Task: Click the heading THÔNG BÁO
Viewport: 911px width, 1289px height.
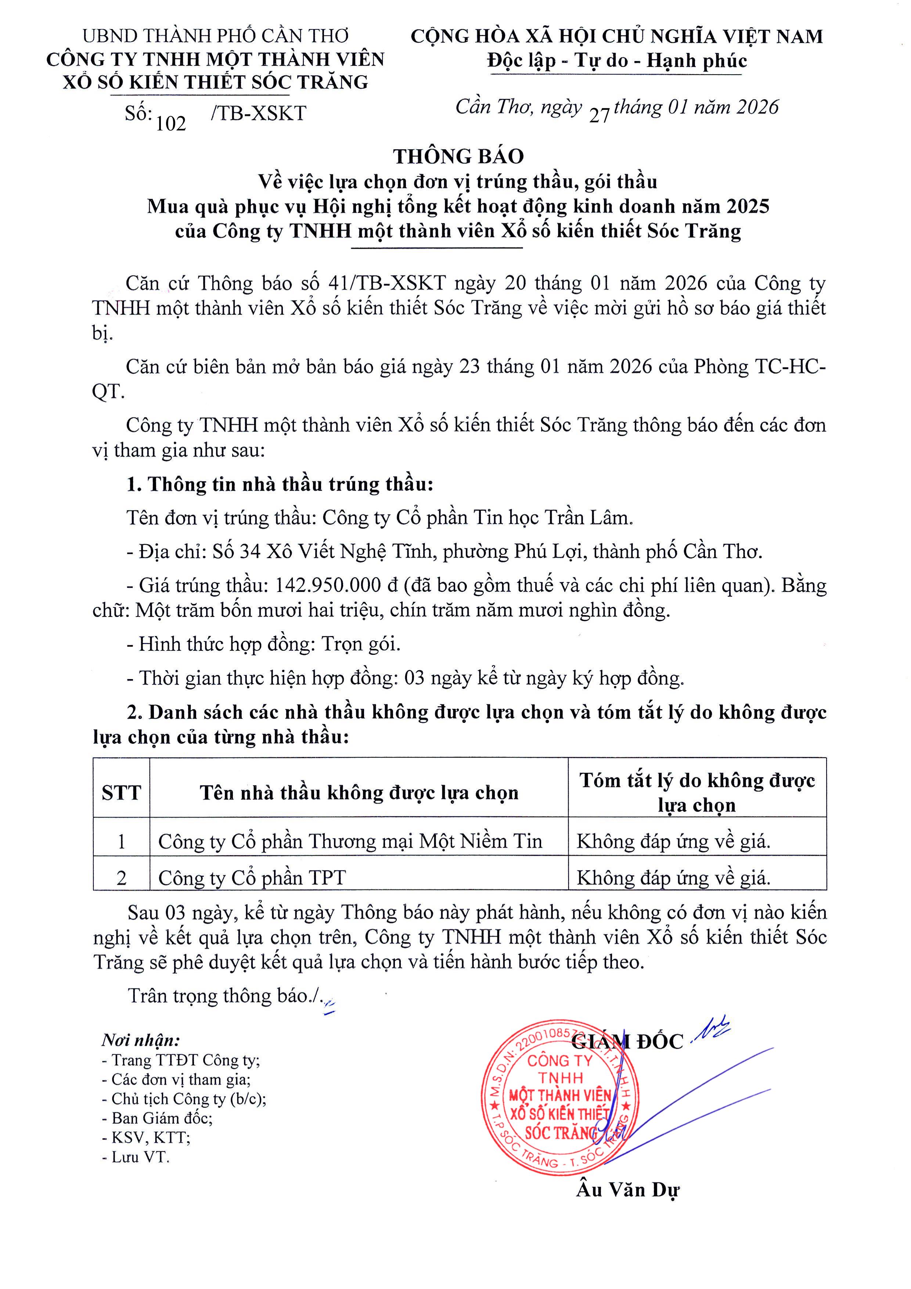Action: (x=458, y=156)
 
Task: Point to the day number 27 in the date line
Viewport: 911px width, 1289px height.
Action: (x=599, y=115)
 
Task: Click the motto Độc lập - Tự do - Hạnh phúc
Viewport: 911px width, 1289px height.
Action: (x=617, y=61)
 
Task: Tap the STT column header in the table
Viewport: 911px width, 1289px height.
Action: (x=121, y=793)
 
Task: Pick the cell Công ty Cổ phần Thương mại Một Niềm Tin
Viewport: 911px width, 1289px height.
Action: (x=350, y=841)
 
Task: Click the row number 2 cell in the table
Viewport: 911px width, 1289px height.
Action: (x=121, y=877)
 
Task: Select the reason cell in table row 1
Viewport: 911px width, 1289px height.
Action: (x=674, y=841)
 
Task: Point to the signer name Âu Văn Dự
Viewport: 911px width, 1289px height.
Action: (x=627, y=1190)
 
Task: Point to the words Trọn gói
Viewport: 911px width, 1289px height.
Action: (x=361, y=644)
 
